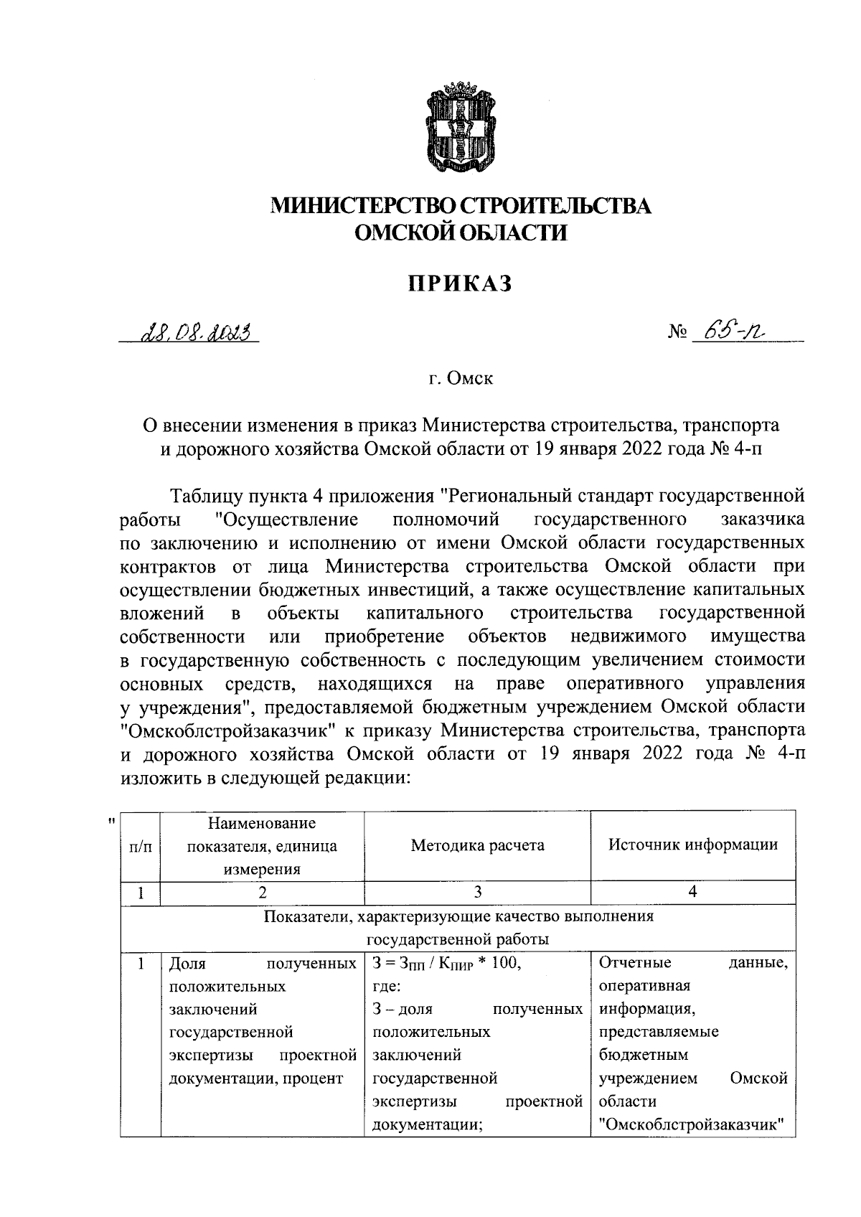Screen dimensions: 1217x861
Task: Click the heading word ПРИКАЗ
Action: pos(461,283)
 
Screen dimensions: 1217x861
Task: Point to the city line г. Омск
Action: pos(461,378)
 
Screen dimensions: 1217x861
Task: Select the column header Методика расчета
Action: pos(477,845)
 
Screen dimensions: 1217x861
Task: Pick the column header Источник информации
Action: pos(692,844)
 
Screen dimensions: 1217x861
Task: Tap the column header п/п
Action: pos(140,847)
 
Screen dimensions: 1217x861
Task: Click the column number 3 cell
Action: pos(477,892)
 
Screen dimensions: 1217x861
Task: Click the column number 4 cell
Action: pos(692,892)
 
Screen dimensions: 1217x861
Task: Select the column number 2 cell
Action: pos(262,892)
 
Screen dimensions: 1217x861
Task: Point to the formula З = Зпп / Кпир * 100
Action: pos(446,964)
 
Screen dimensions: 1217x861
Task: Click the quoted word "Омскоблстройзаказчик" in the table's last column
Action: pos(692,1124)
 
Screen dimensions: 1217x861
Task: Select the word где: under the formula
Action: pos(387,987)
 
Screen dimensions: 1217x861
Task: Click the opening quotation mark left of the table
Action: pos(110,820)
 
